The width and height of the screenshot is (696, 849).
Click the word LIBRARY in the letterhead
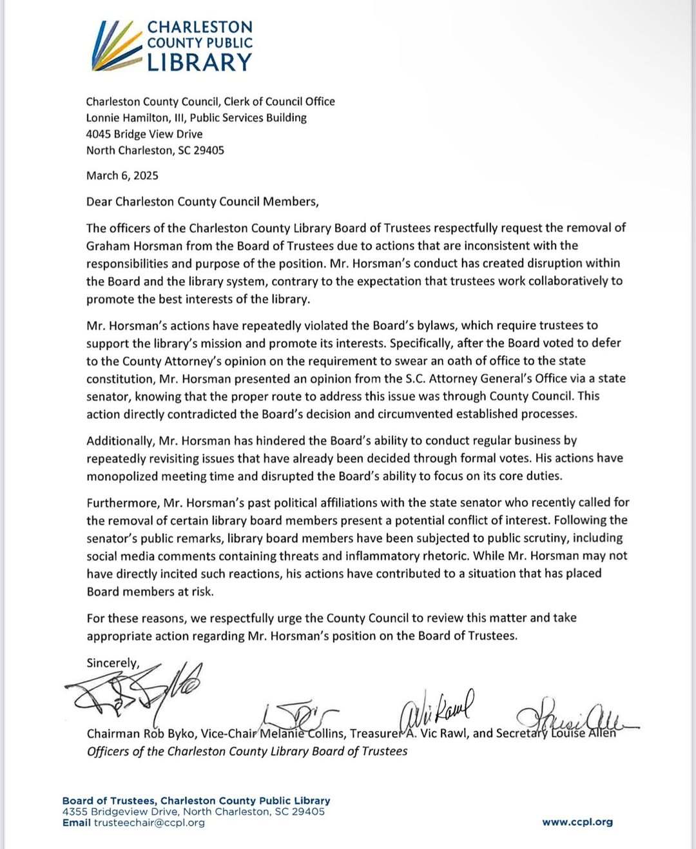click(x=199, y=63)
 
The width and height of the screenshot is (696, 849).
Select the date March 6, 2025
click(x=122, y=176)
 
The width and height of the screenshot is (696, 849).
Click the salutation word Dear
click(x=99, y=202)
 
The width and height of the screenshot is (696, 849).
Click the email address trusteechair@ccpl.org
click(x=149, y=823)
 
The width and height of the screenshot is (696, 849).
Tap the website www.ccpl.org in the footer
click(x=577, y=823)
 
